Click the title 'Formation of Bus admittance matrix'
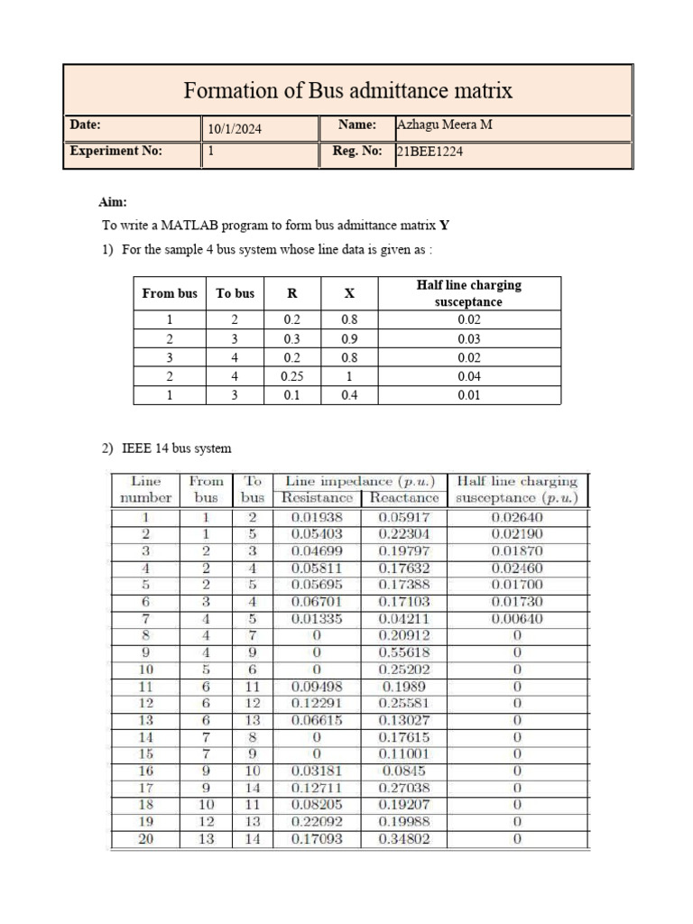click(347, 90)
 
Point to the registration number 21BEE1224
click(430, 152)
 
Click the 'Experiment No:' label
click(116, 152)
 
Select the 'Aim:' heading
click(113, 204)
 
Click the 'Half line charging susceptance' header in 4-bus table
click(468, 293)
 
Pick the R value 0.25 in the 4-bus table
click(291, 376)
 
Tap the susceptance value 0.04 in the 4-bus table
click(469, 376)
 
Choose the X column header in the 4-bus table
click(349, 293)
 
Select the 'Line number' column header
click(145, 489)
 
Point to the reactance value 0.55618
click(404, 652)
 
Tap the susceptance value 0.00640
click(518, 619)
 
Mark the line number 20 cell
click(145, 839)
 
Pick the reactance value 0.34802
click(404, 839)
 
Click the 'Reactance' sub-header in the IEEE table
click(404, 498)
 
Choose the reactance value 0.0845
click(404, 772)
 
